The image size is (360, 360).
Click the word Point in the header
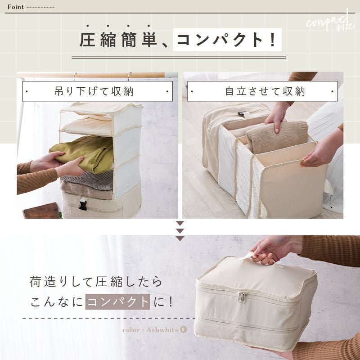16,7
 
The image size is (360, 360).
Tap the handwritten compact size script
331,23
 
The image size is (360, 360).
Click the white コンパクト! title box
227,40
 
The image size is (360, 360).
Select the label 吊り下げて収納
94,91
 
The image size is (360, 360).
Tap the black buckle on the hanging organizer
83,204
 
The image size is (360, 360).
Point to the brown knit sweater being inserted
277,137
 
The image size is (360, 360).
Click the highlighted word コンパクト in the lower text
118,301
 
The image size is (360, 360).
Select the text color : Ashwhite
151,330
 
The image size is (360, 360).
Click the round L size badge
184,330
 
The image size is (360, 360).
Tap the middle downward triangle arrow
180,231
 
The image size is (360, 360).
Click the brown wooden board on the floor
42,211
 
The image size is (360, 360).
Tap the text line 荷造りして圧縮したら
96,282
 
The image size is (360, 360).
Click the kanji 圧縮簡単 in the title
118,40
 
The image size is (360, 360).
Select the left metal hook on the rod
75,76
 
